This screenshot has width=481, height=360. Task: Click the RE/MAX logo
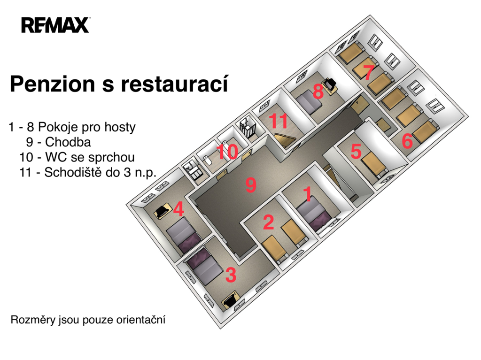55,25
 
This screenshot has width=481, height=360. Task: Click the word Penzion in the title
53,84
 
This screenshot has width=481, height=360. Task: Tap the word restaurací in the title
175,83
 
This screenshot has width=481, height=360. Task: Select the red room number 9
251,185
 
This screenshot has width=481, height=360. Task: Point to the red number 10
227,152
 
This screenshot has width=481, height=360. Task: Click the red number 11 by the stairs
279,121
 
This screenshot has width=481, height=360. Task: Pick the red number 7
368,73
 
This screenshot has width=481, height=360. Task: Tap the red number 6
407,141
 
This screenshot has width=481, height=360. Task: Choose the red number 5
356,151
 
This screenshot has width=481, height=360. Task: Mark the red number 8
318,91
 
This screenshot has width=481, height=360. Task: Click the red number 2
268,222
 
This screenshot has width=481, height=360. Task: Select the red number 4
178,209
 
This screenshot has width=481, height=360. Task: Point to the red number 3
231,275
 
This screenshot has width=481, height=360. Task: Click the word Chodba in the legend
68,142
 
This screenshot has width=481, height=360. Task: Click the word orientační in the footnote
141,320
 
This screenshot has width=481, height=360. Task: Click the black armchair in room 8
330,84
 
